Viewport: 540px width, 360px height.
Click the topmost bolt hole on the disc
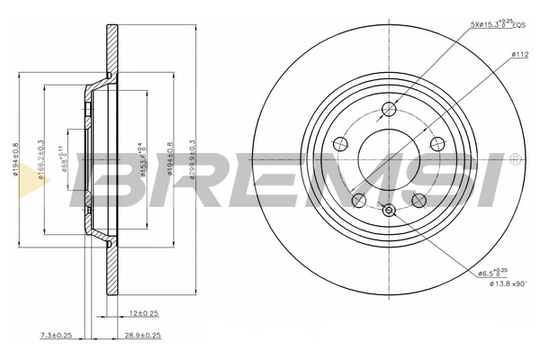click(389, 110)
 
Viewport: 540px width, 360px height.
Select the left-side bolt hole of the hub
click(340, 144)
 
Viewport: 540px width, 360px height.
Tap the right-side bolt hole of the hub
click(437, 144)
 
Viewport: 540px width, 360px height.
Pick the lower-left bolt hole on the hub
click(358, 200)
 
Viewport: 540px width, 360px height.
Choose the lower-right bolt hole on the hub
click(418, 200)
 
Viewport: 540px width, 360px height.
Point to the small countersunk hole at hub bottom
click(389, 211)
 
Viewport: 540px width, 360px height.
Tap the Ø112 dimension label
click(519, 55)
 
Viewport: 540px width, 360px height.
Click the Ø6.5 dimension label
click(493, 271)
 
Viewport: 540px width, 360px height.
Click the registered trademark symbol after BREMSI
click(513, 158)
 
